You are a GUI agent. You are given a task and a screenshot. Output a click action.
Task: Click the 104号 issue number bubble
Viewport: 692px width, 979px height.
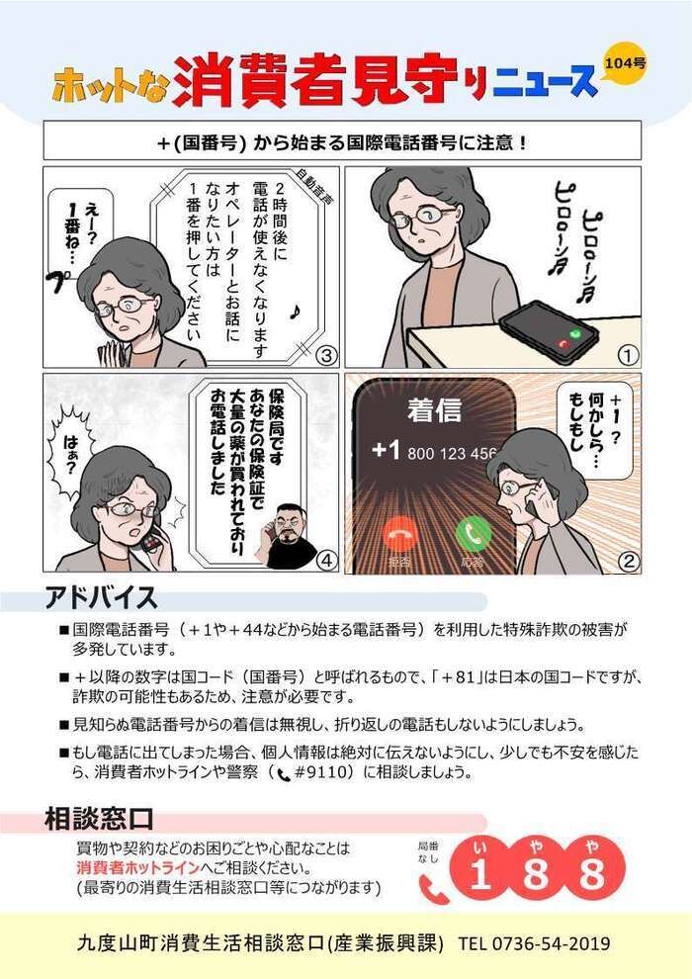[x=626, y=65]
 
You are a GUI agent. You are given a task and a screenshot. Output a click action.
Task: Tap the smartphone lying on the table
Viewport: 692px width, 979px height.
[x=550, y=330]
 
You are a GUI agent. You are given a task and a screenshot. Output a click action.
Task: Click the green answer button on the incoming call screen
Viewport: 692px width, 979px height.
[x=474, y=534]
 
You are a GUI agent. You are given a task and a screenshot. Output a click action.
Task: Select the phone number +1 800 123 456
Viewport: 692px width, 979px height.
[x=434, y=451]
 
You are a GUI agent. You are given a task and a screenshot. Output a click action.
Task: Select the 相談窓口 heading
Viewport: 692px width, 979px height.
[x=99, y=819]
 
